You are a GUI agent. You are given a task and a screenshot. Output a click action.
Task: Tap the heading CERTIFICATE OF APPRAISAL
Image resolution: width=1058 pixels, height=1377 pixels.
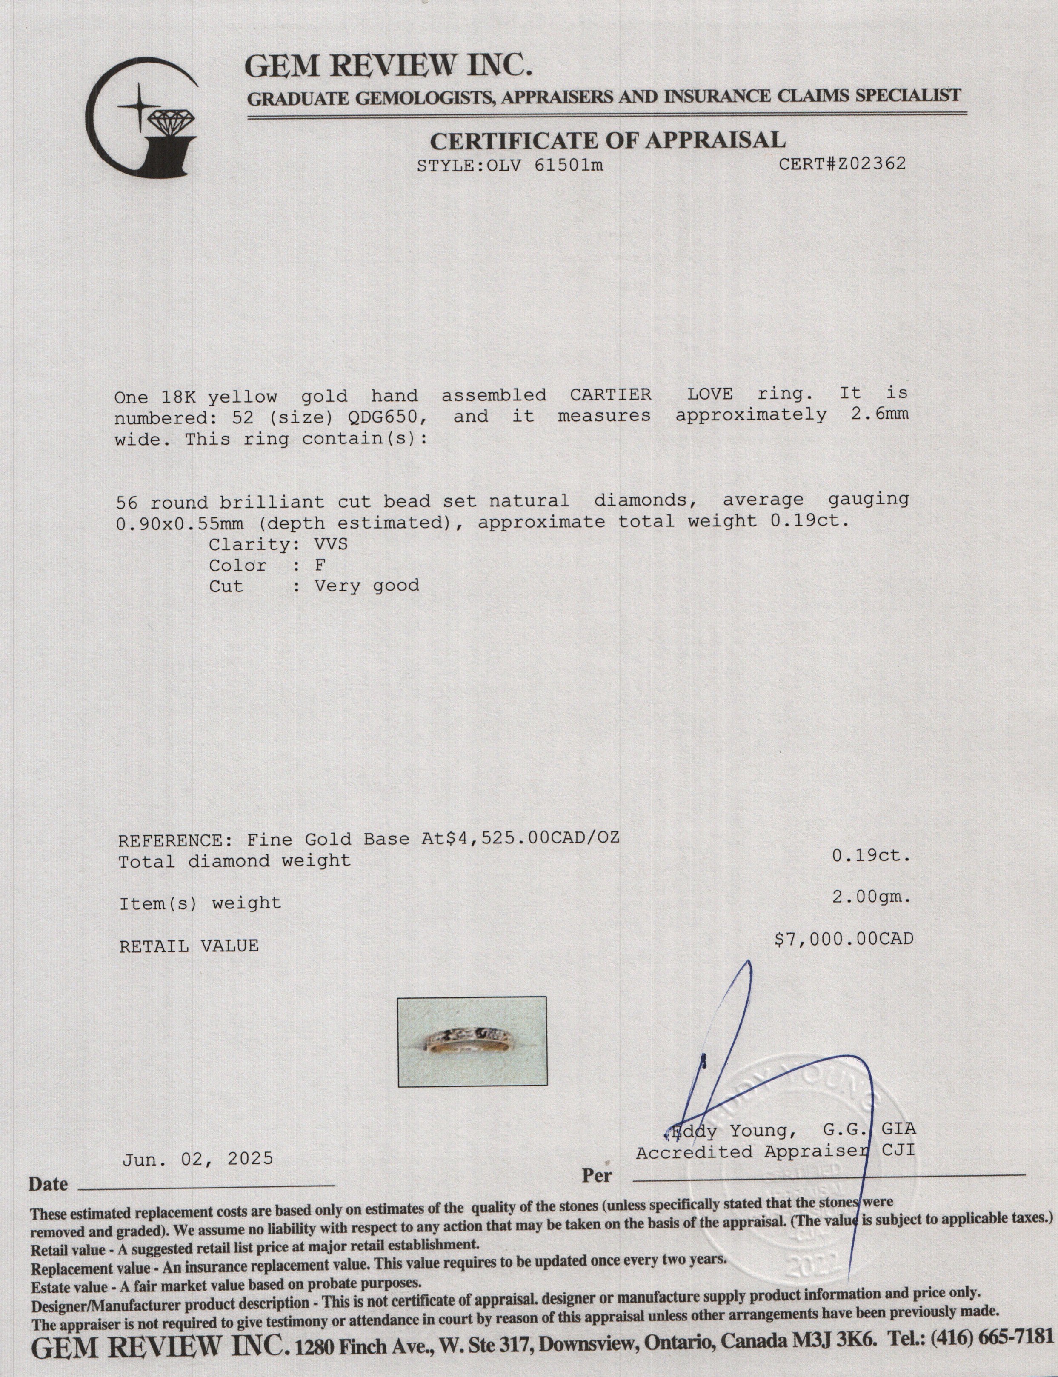coord(607,139)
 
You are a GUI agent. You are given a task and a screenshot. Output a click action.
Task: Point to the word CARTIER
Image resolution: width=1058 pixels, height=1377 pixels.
coord(610,395)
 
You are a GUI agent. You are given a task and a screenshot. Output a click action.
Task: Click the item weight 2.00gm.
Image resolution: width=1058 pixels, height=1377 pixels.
coord(871,897)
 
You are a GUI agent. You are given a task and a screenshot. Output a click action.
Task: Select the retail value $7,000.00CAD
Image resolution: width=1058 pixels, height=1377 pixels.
coord(843,939)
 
